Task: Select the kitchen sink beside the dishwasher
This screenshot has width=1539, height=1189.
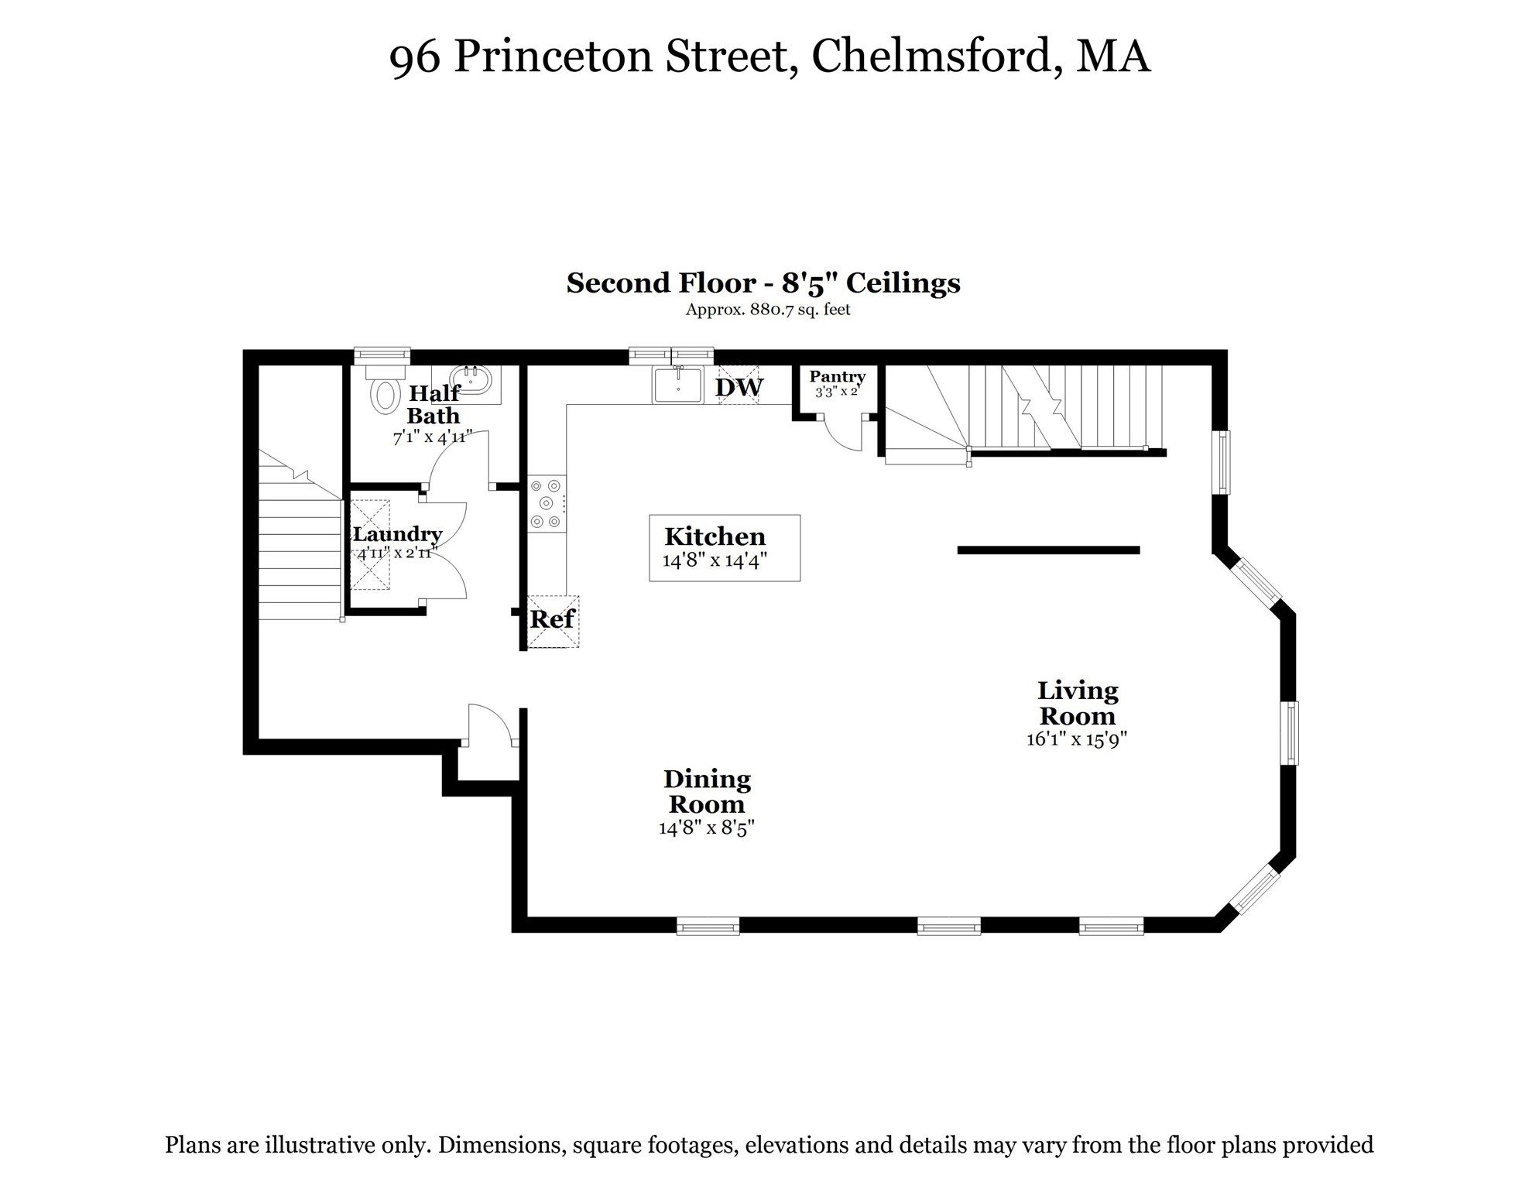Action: [x=677, y=385]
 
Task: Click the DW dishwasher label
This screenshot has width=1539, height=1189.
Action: [x=739, y=387]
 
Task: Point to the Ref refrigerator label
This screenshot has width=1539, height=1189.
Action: [x=552, y=619]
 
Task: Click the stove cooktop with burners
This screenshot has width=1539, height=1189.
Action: [x=547, y=503]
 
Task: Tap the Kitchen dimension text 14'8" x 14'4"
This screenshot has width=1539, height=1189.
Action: [x=715, y=560]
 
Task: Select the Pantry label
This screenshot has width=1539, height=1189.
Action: [x=837, y=377]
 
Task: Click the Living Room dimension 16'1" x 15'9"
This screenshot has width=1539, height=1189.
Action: [x=1076, y=739]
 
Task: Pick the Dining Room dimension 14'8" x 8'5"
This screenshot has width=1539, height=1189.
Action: [x=706, y=828]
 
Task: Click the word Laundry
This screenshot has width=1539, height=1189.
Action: [x=397, y=534]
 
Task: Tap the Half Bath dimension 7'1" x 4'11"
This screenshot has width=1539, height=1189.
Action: [x=432, y=437]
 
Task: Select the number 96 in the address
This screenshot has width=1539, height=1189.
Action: [x=414, y=58]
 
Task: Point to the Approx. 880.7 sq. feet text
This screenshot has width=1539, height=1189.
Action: [x=767, y=310]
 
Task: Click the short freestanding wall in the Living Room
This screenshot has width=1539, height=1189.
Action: [x=1048, y=550]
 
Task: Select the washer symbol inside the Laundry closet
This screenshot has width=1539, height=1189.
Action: [x=370, y=545]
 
